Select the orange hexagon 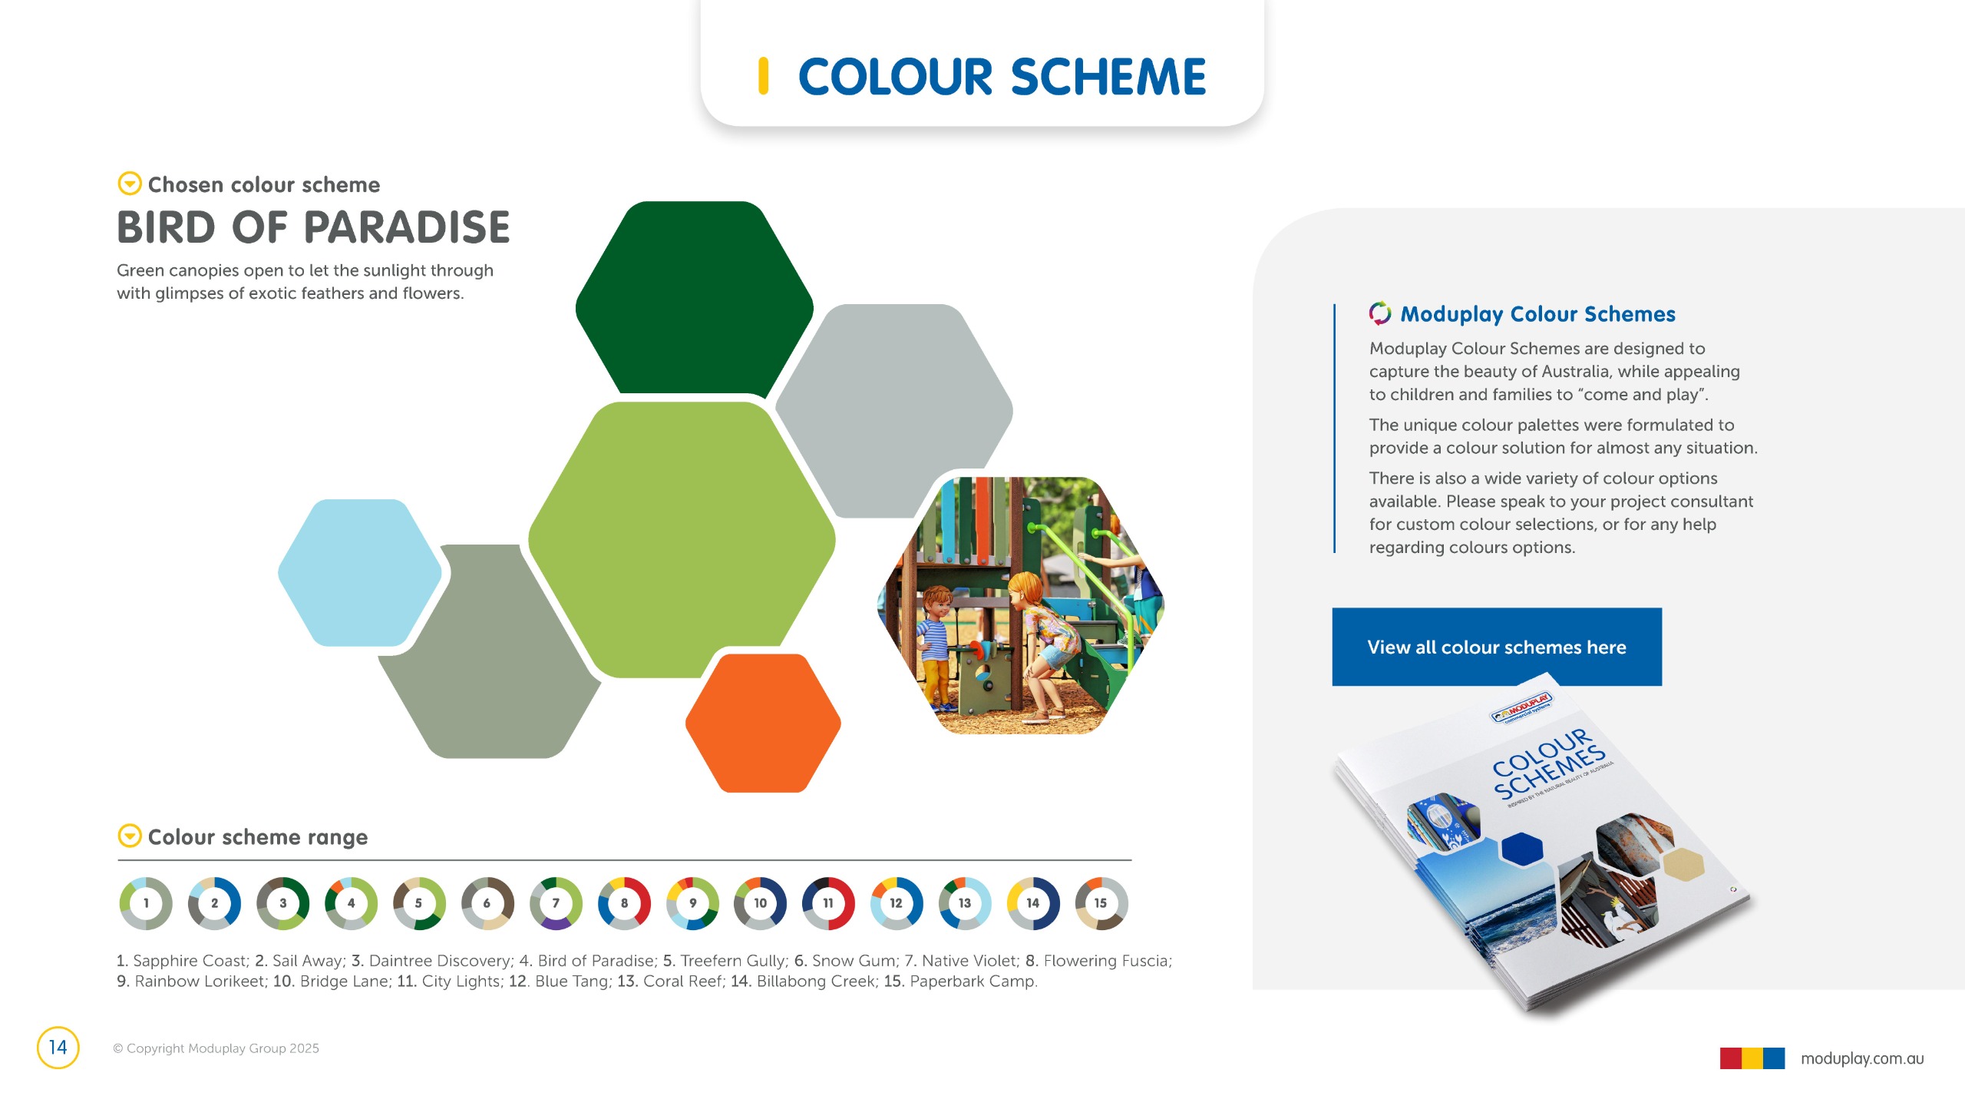click(763, 723)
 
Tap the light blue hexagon click(359, 572)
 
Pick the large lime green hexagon click(682, 539)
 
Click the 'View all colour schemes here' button click(1497, 647)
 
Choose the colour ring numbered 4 click(351, 903)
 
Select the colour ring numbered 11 click(828, 903)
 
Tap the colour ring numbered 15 click(1101, 903)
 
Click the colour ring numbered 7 click(556, 903)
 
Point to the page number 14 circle click(58, 1048)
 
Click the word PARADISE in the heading click(407, 227)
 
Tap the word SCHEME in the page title click(1108, 77)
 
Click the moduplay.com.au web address click(1862, 1058)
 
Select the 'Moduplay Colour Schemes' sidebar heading click(1537, 314)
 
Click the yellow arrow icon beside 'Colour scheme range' click(130, 836)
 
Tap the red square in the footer click(1731, 1058)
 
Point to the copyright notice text click(216, 1048)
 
